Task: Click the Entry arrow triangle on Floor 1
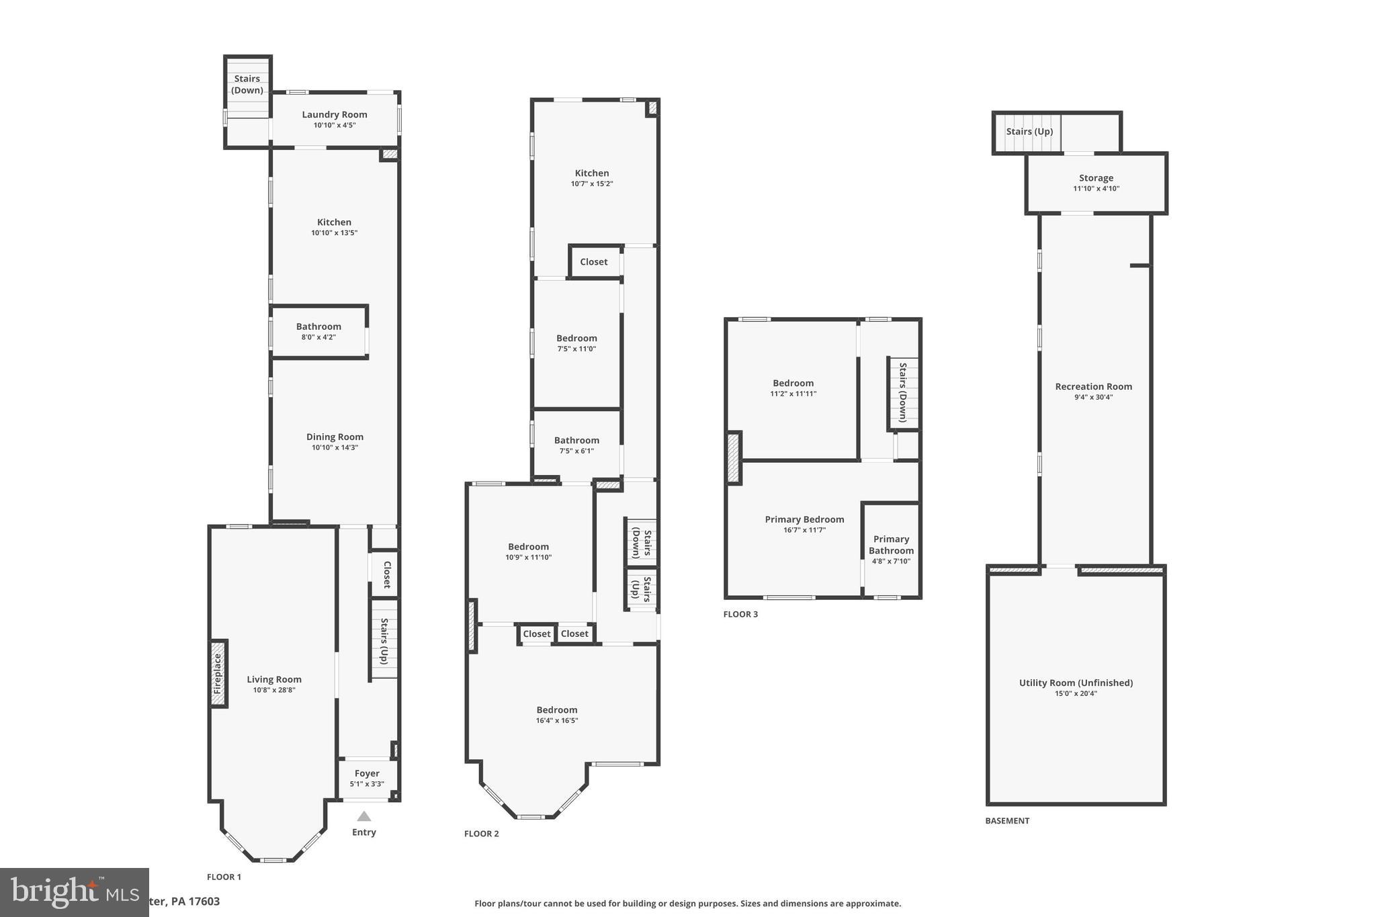pos(363,816)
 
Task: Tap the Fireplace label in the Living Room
pos(217,674)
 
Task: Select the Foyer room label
pos(367,773)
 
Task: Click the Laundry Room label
pos(334,115)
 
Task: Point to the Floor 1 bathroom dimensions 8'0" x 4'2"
pos(318,337)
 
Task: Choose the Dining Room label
pos(335,437)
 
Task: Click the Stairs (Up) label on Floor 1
pos(384,642)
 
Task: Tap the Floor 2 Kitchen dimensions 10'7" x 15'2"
pos(592,183)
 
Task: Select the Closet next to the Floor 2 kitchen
pos(593,262)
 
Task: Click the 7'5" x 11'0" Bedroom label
pos(576,339)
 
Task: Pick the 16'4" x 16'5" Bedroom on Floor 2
pos(556,710)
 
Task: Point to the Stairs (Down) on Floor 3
pos(903,392)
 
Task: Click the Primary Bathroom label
pos(891,545)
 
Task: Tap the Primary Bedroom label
pos(804,519)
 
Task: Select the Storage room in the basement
pos(1096,178)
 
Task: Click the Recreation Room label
pos(1093,386)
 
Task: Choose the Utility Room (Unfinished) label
pos(1076,683)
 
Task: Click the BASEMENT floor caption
pos(1007,820)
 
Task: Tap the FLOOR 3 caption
pos(740,614)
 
